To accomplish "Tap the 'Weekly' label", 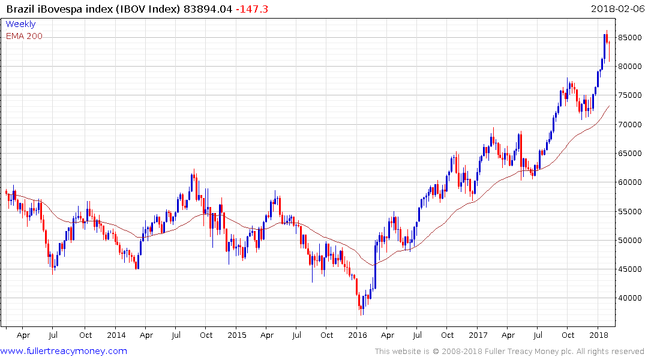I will coord(20,24).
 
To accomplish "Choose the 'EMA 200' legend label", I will coord(24,36).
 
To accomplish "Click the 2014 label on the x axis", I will coord(116,335).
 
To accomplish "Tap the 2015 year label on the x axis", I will coord(236,335).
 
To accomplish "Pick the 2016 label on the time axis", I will coord(358,335).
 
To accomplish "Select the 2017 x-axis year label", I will coord(478,335).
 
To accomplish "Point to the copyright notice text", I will coord(509,352).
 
